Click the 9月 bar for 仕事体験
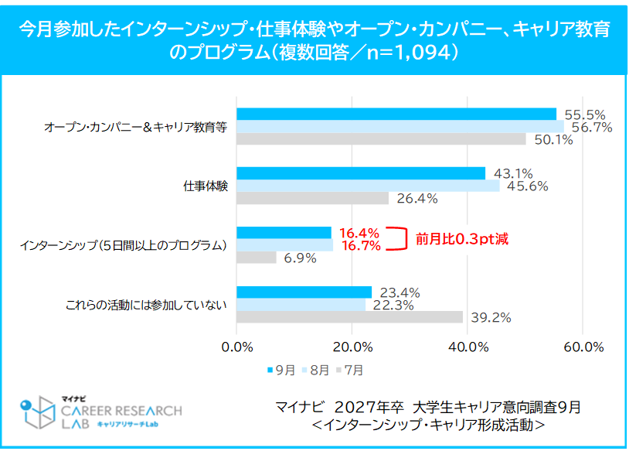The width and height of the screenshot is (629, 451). pos(361,173)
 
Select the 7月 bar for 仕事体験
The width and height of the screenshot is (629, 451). pos(312,198)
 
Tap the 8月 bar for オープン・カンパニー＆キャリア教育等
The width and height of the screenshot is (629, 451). pos(400,127)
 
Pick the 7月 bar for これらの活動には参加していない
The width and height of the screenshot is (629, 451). pos(349,317)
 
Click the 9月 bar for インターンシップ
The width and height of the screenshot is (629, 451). pos(284,233)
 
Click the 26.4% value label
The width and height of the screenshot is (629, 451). pos(416,199)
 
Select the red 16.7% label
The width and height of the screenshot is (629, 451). pos(359,246)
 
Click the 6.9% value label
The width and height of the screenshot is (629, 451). pos(300,258)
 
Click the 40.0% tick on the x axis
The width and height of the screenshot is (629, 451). pos(467,347)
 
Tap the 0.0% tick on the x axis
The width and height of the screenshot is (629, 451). pos(237,347)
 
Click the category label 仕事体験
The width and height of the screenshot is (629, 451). pos(206,186)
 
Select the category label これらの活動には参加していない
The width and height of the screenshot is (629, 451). pos(146,305)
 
